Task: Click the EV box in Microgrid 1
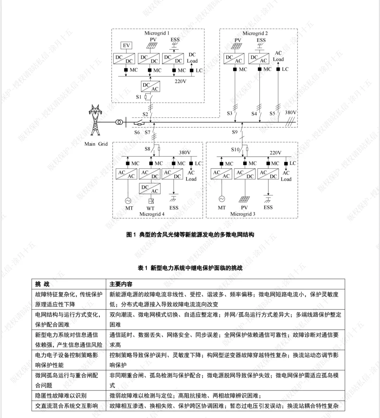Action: (x=126, y=45)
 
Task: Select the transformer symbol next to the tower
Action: (x=120, y=123)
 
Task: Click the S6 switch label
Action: (x=137, y=132)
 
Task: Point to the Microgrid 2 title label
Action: (x=255, y=33)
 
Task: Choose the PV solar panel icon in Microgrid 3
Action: (x=244, y=199)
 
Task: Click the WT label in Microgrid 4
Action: (x=150, y=208)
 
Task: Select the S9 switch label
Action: (x=235, y=132)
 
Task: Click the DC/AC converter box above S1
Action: (x=150, y=87)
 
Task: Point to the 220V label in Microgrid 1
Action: (x=180, y=81)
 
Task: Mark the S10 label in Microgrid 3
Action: (x=235, y=149)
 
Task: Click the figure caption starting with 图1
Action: (x=190, y=235)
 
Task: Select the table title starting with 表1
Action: (x=190, y=268)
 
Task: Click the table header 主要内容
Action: (x=121, y=284)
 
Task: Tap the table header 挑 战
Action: (x=42, y=284)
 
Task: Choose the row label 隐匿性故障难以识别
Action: (x=61, y=395)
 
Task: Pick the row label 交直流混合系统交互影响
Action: (x=66, y=406)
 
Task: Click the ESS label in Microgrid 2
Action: (x=261, y=40)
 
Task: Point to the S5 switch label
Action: (x=272, y=113)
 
